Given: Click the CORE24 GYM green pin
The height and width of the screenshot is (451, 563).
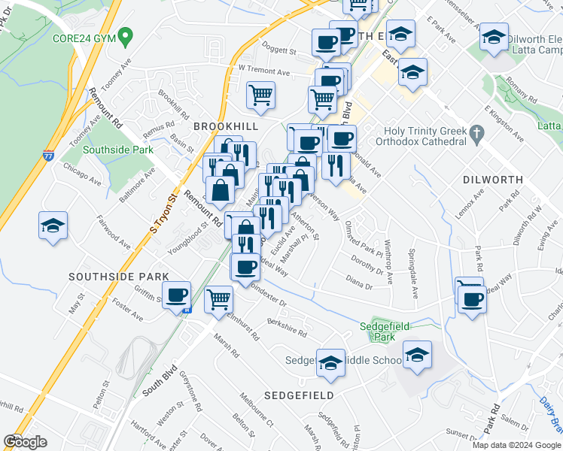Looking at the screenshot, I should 126,35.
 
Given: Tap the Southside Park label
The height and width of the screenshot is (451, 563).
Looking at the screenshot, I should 118,150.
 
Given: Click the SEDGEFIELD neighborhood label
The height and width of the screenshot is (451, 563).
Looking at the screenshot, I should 298,395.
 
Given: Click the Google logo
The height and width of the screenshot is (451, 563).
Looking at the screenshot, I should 25,442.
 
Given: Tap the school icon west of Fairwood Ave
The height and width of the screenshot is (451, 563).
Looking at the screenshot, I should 53,225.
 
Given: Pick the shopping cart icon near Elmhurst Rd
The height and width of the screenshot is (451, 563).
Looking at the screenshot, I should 218,299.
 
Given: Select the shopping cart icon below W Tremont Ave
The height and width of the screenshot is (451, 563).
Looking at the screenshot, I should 260,95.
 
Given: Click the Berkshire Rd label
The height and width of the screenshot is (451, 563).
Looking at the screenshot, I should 287,328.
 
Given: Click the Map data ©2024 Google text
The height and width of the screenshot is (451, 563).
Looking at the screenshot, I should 515,445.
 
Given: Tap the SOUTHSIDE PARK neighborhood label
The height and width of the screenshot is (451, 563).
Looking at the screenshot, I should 118,277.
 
